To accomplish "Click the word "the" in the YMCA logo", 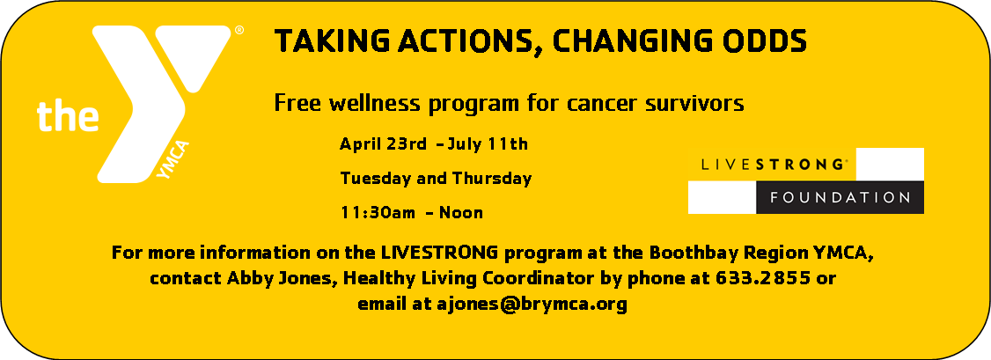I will click(67, 116).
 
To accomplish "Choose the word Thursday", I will click(491, 178).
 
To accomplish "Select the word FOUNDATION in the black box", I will click(840, 197).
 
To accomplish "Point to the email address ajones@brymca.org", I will click(532, 305).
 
